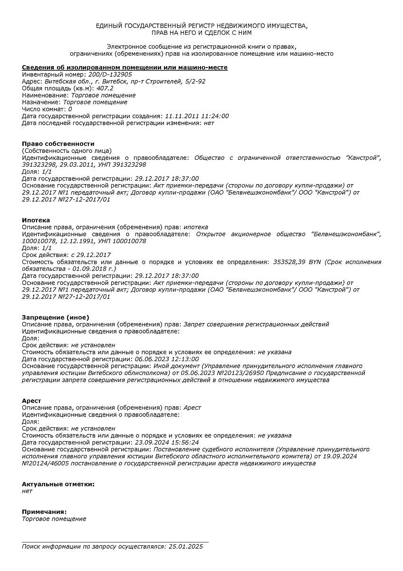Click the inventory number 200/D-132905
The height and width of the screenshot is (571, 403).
tap(110, 75)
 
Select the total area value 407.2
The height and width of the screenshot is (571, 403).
tap(105, 89)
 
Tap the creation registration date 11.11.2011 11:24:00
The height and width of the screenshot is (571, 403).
tap(196, 116)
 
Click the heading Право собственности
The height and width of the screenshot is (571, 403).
tap(58, 144)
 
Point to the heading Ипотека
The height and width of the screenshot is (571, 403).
tap(36, 220)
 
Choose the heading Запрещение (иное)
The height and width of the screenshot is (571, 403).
tap(56, 317)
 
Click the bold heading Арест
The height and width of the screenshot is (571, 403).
tap(31, 401)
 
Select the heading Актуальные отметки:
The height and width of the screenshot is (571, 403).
tap(58, 484)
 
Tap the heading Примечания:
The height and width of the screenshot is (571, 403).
tap(44, 512)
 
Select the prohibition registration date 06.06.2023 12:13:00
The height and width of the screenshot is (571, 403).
tap(167, 359)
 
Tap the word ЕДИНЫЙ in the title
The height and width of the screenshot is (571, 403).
tap(109, 26)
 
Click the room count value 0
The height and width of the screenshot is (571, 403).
tap(70, 109)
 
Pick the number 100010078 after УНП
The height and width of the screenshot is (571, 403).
tap(129, 241)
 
